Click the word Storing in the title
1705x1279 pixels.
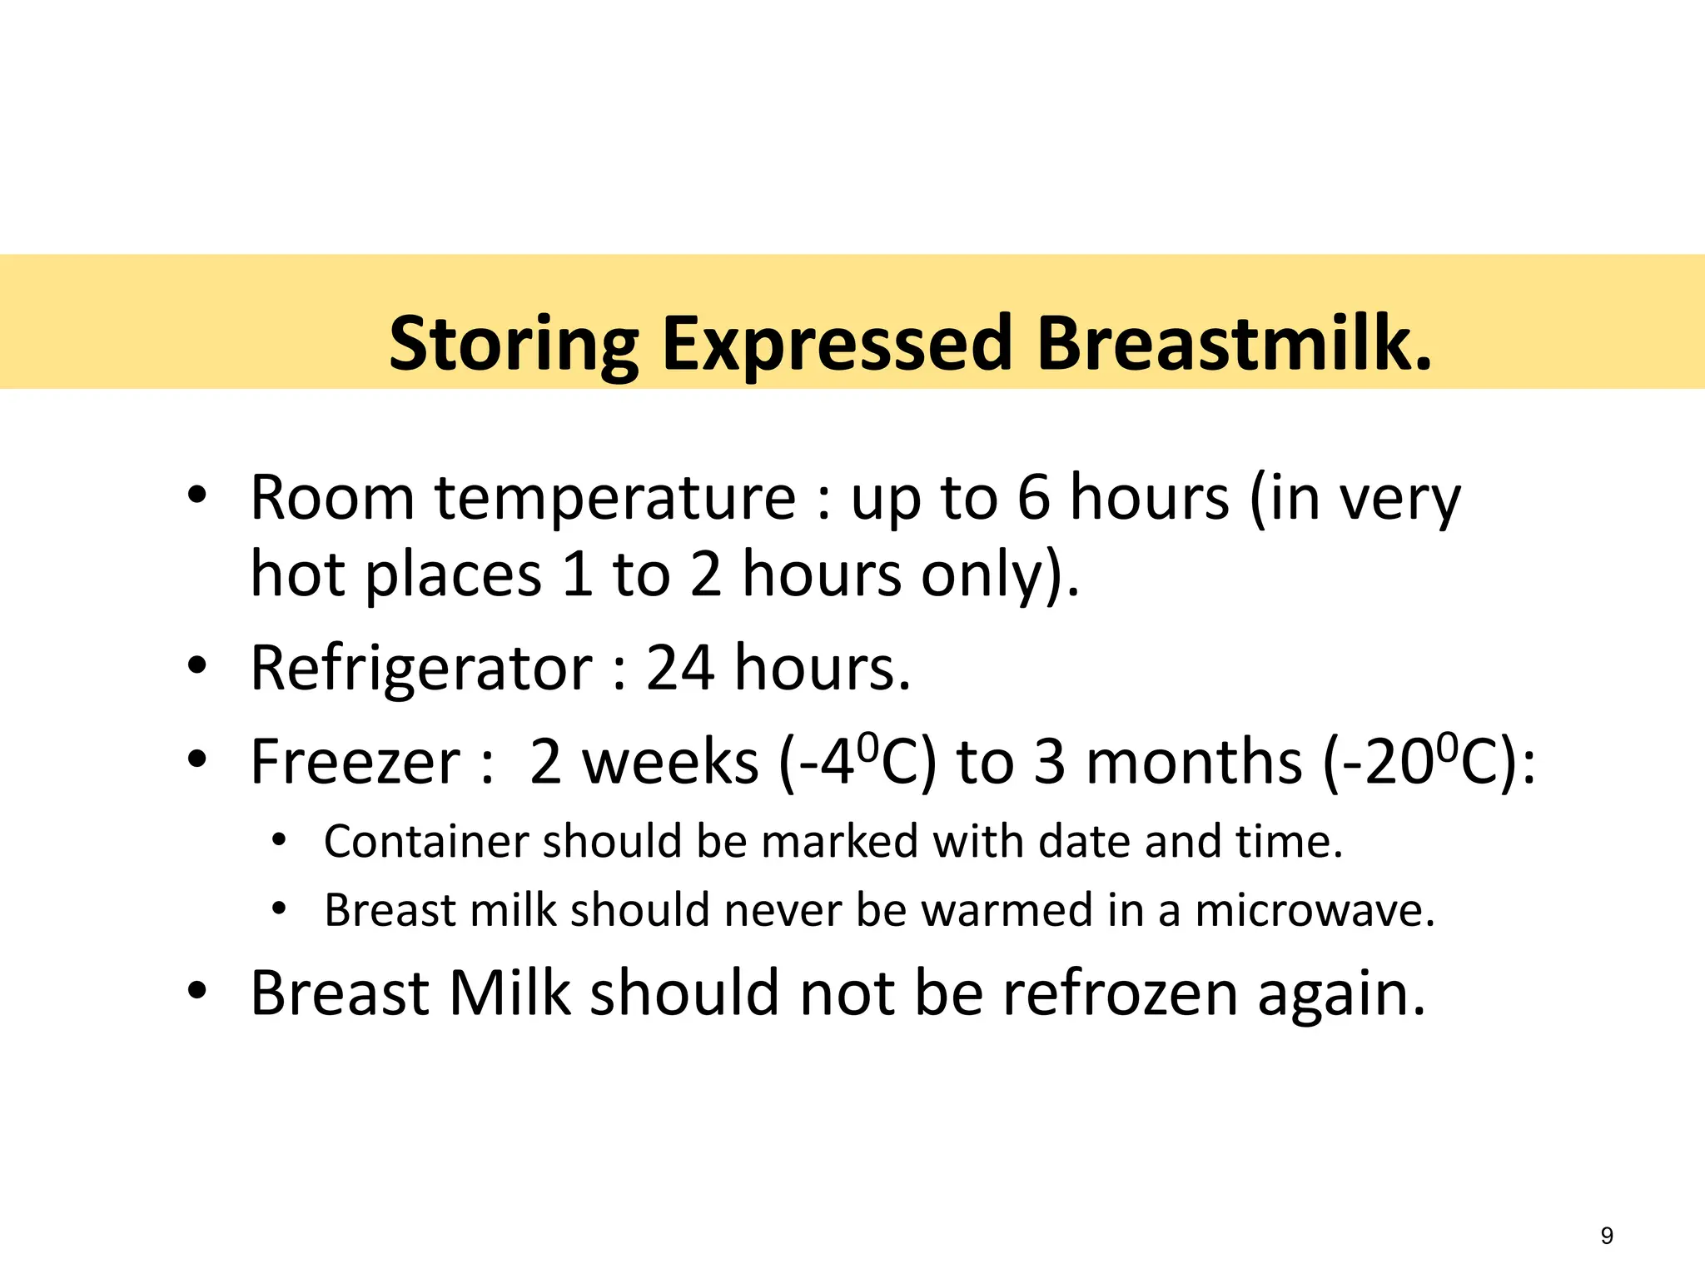point(513,344)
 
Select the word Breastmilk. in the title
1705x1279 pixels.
point(1235,344)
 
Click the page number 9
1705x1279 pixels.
point(1607,1236)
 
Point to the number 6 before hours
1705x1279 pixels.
point(1033,498)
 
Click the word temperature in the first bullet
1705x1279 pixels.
point(614,498)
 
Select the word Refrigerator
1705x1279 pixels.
point(421,669)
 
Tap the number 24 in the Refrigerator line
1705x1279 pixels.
point(679,669)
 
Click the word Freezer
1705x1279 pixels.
point(355,762)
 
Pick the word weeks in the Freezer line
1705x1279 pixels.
point(669,762)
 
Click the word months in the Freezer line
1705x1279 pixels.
point(1194,762)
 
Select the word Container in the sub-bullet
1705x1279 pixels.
point(425,841)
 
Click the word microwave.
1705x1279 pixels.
point(1315,909)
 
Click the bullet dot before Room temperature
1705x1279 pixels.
point(196,497)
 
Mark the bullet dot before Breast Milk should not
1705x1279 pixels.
point(196,992)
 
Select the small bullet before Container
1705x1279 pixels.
point(279,839)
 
